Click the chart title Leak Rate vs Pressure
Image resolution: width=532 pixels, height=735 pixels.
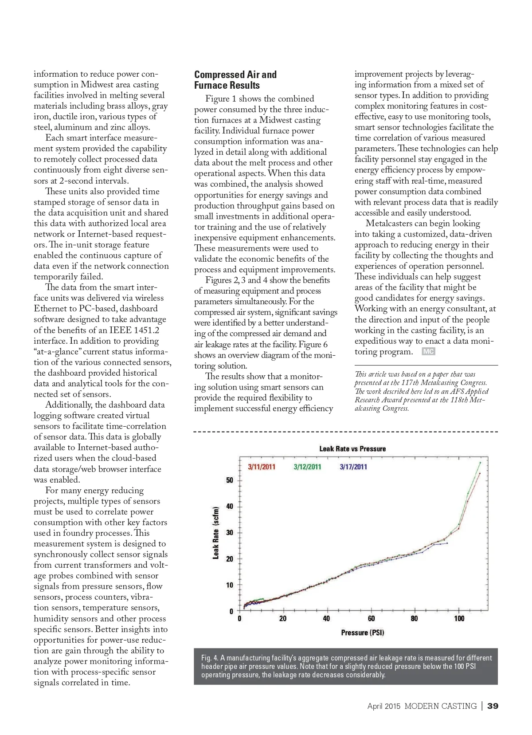click(352, 448)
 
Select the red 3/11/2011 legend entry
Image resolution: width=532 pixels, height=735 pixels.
click(262, 467)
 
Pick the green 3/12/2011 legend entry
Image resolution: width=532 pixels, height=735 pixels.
click(307, 467)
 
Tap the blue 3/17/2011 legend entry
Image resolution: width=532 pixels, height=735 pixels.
click(353, 467)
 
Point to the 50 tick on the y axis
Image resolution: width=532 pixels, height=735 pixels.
click(230, 480)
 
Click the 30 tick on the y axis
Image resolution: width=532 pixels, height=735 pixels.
click(230, 533)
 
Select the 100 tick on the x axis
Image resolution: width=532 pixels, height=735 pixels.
click(459, 619)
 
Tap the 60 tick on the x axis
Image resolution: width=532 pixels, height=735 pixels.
click(371, 619)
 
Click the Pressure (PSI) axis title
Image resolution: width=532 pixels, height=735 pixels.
click(362, 633)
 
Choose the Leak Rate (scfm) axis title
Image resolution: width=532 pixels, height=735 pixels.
click(216, 533)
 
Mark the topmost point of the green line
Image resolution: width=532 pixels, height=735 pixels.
click(480, 463)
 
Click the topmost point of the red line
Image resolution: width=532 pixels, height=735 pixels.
click(480, 473)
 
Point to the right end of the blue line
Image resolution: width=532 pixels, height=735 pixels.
click(447, 543)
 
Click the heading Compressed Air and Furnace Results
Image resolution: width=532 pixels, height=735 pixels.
click(235, 80)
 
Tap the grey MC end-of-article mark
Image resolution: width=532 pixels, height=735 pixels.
click(428, 352)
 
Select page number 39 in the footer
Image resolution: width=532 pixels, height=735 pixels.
click(493, 706)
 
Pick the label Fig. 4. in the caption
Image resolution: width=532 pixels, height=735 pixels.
click(209, 658)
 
